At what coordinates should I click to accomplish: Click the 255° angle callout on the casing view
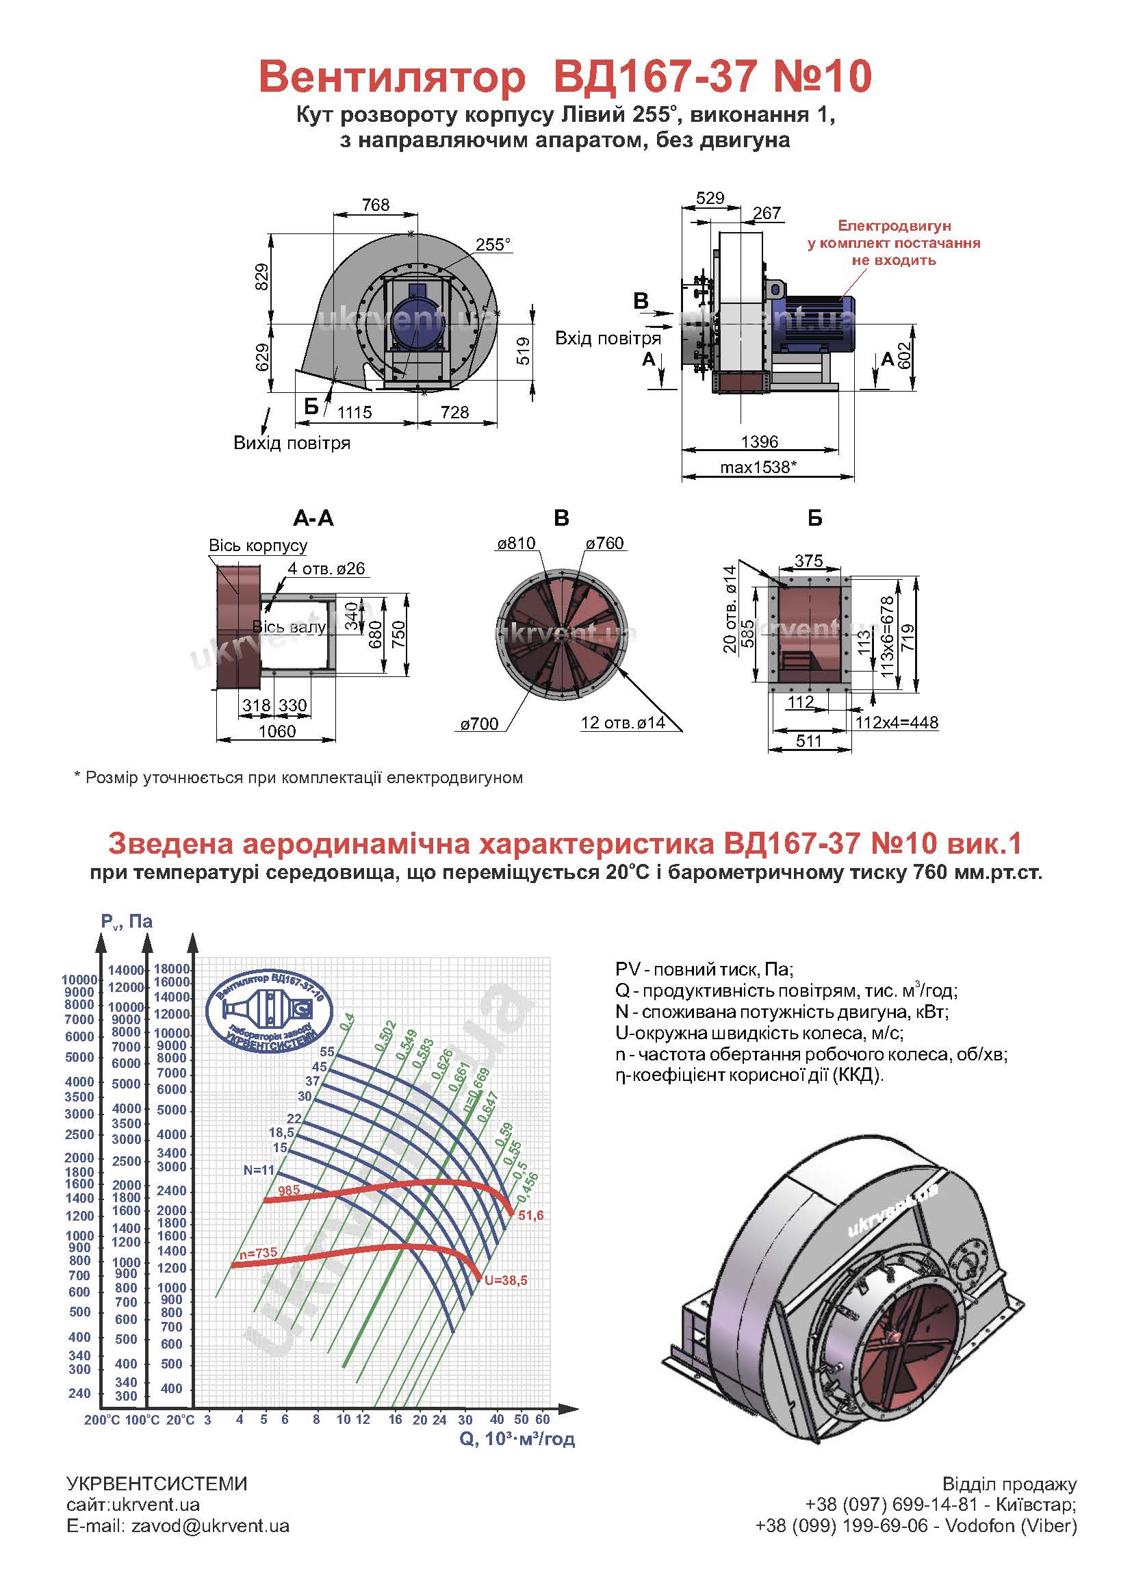(x=493, y=244)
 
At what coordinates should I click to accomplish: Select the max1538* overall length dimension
(x=756, y=466)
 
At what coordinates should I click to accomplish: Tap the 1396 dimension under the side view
(x=759, y=442)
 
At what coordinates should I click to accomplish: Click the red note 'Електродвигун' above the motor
(x=894, y=226)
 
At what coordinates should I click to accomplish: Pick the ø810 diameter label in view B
(x=517, y=543)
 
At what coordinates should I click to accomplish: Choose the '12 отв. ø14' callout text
(x=622, y=723)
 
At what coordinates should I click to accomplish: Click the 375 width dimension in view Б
(x=808, y=561)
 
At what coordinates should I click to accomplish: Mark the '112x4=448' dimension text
(x=897, y=722)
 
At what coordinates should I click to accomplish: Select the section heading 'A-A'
(x=313, y=518)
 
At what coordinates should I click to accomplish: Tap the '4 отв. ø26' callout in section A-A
(x=326, y=568)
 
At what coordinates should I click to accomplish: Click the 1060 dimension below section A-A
(x=276, y=731)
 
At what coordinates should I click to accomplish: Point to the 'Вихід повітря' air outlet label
(x=292, y=443)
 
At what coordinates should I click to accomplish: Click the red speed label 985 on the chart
(x=289, y=1190)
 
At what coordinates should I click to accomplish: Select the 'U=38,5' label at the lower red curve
(x=506, y=1281)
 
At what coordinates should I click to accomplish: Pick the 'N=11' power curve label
(x=259, y=1170)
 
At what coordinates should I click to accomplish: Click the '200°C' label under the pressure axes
(x=102, y=1420)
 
